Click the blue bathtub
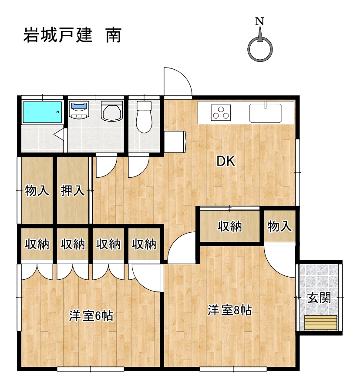click(42, 112)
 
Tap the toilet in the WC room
click(144, 117)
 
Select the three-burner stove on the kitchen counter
click(221, 113)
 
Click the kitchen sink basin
click(266, 113)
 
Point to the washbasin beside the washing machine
click(112, 111)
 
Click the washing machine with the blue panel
click(80, 109)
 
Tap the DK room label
click(226, 161)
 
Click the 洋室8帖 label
click(230, 310)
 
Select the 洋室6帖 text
click(91, 316)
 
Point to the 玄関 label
click(319, 298)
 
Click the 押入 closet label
click(73, 190)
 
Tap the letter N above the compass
click(259, 21)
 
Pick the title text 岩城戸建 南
click(72, 35)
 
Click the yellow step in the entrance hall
click(321, 322)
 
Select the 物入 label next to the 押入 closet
click(37, 190)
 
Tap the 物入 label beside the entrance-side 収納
click(279, 226)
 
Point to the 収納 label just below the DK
click(230, 226)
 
